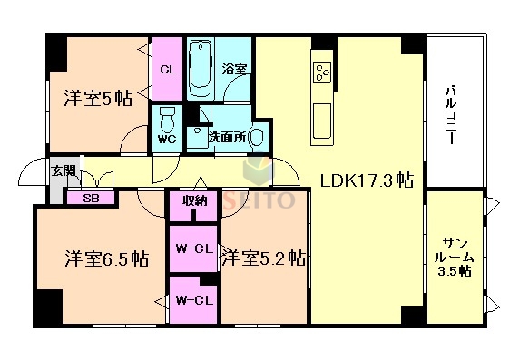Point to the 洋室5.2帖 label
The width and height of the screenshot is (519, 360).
[262, 258]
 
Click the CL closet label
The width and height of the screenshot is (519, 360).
[167, 69]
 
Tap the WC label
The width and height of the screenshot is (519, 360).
[166, 139]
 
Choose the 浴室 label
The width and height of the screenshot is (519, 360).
[237, 69]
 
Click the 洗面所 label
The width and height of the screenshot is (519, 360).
[226, 138]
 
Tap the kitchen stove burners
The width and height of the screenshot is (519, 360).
[322, 70]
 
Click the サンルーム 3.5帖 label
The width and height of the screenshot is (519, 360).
[455, 257]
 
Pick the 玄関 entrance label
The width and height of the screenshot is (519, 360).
[63, 170]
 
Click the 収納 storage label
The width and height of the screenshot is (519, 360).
[193, 201]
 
